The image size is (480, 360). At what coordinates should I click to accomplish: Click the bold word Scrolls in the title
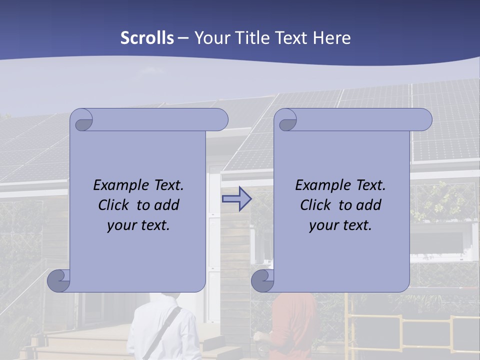(147, 38)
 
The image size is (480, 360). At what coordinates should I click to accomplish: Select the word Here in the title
(332, 38)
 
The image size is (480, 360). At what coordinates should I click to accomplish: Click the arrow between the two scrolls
(236, 199)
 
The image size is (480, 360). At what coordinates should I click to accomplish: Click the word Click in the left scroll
(113, 205)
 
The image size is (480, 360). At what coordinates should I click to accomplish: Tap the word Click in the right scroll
(315, 205)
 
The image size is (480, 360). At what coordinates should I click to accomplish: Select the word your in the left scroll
(120, 225)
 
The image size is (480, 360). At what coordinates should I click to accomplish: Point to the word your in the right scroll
(322, 225)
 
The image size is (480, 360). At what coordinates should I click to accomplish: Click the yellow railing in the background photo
(400, 320)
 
